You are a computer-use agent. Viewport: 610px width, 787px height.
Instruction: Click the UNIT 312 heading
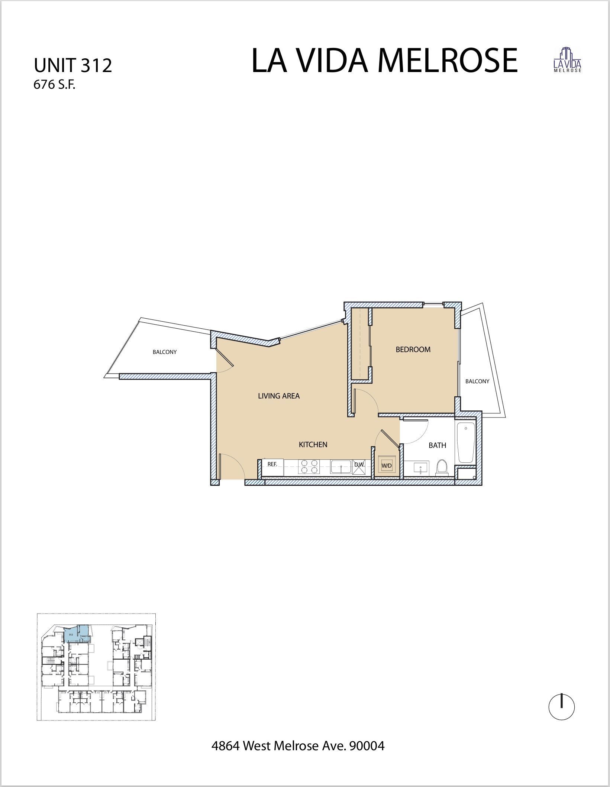point(73,66)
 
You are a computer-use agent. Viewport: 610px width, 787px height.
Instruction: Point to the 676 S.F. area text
point(54,85)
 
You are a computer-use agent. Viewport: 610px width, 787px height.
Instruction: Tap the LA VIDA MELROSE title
point(384,61)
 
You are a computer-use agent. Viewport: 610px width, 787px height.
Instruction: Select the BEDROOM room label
point(413,349)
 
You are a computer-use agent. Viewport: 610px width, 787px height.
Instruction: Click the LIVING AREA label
point(279,396)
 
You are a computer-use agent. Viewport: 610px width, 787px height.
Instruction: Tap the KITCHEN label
point(313,445)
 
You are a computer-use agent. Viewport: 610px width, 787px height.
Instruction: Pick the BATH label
point(437,445)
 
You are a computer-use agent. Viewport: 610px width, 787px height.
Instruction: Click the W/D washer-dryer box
point(387,465)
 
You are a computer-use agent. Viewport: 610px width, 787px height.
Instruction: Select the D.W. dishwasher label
point(359,464)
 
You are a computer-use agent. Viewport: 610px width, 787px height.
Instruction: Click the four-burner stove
point(309,466)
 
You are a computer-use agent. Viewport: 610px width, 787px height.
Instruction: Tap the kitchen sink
point(341,466)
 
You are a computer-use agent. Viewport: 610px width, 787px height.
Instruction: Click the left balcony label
point(165,352)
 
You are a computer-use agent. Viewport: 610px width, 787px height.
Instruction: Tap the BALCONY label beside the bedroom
point(477,381)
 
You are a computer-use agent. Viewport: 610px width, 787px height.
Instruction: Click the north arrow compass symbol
point(561,707)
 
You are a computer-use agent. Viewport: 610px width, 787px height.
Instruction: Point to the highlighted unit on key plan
point(78,634)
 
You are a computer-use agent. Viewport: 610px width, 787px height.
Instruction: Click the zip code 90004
point(366,745)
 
